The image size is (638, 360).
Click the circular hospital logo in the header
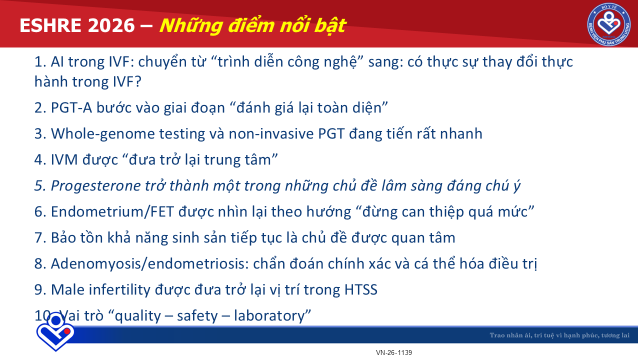609,24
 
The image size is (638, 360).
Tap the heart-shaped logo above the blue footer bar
55,331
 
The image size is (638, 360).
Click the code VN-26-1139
394,352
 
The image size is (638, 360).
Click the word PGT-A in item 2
71,107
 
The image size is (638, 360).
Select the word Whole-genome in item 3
103,133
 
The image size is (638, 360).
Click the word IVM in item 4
64,159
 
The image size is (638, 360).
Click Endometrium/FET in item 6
112,211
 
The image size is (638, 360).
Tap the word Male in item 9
68,289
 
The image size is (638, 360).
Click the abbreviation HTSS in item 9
361,289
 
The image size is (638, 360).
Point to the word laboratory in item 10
269,316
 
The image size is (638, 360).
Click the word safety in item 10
197,316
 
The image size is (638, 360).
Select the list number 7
38,238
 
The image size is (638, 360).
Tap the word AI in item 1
57,62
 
